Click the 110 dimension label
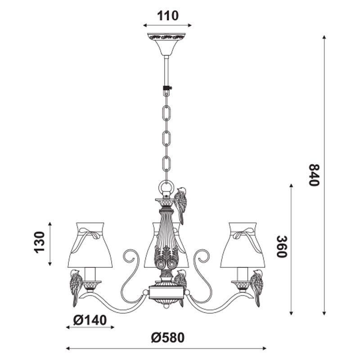167,16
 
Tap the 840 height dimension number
314,175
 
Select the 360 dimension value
281,247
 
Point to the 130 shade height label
39,243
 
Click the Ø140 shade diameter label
90,320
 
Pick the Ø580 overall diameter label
167,338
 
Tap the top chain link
166,113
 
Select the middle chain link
166,138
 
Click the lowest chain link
166,164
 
